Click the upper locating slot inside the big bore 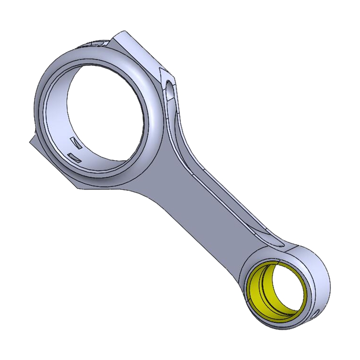pyautogui.click(x=76, y=142)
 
